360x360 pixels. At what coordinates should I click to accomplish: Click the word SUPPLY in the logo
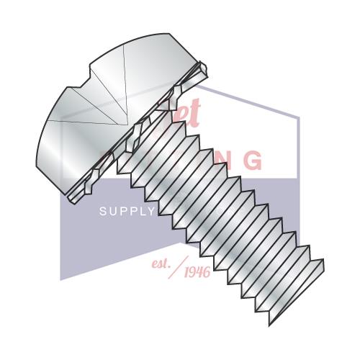(127, 212)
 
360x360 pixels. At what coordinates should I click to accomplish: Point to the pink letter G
(252, 161)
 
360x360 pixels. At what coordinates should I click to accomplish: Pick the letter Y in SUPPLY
(150, 212)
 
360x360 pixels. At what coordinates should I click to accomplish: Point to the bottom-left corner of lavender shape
(60, 279)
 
